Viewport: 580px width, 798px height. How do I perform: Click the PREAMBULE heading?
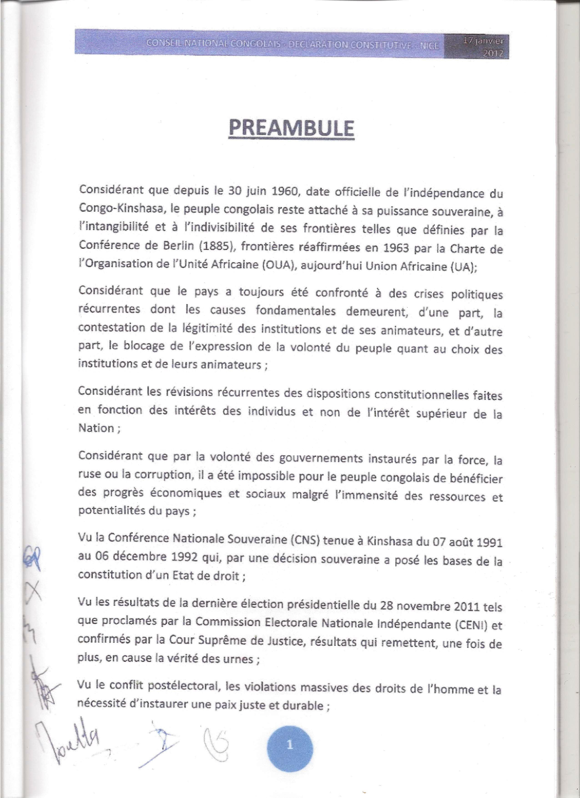[x=291, y=128]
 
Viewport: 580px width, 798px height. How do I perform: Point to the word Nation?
[x=96, y=428]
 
